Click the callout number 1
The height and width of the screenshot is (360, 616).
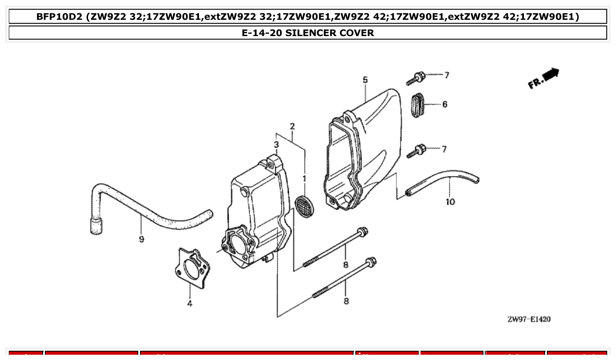click(x=303, y=179)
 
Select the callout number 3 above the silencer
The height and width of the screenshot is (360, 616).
click(x=276, y=144)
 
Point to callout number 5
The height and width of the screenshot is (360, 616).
click(x=365, y=80)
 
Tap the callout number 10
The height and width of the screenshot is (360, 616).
click(x=450, y=202)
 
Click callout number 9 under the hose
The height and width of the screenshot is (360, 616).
click(x=141, y=239)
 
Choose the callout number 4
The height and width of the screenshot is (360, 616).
click(x=189, y=303)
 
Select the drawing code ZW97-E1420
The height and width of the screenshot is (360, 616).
click(x=528, y=319)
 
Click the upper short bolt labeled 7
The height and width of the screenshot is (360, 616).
click(x=415, y=79)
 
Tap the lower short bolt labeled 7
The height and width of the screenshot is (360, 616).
click(x=415, y=151)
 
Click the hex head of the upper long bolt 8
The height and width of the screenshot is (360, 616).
click(x=362, y=231)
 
